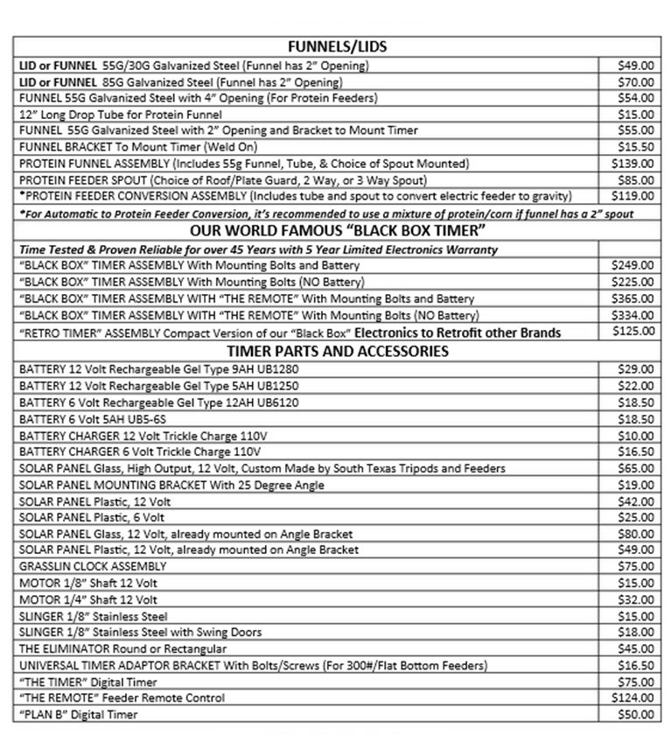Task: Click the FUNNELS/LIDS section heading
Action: (x=337, y=46)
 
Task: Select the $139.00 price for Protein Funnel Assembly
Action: (x=633, y=164)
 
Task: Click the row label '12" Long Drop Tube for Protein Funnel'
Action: (x=121, y=115)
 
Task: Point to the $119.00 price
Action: (x=633, y=196)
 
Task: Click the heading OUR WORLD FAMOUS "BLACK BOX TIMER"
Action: (x=337, y=231)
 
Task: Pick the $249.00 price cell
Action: (x=633, y=265)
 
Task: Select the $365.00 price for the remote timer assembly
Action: (x=633, y=298)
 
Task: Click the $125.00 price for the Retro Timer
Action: (x=633, y=332)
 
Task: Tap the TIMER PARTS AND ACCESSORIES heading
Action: (x=337, y=351)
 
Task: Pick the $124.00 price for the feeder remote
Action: (x=633, y=698)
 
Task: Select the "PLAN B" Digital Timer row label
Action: (x=79, y=715)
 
